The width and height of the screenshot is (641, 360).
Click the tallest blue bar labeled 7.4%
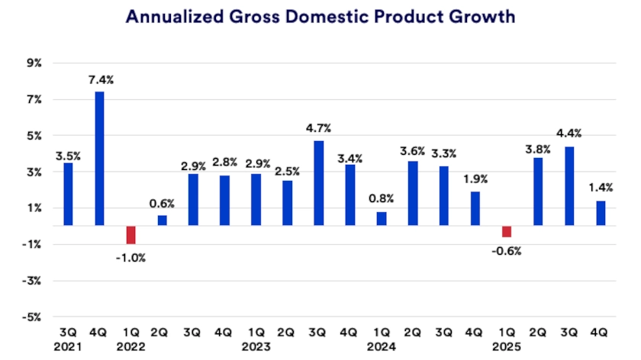coord(99,159)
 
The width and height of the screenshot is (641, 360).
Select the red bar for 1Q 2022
coord(130,235)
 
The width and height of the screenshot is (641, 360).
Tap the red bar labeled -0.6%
coord(506,232)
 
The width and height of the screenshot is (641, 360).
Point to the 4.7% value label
coord(318,128)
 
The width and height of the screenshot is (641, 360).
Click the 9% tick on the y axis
coord(34,63)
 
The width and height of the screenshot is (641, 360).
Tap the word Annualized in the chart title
coord(170,17)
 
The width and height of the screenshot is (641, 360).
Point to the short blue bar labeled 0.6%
coord(162,220)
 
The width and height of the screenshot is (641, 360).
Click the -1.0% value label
coord(130,258)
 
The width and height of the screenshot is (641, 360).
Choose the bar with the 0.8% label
coord(381,219)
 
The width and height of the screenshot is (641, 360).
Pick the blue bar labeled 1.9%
coord(475,208)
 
